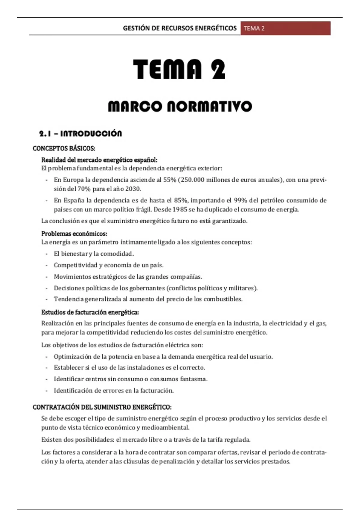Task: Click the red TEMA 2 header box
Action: [285, 28]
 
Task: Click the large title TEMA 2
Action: [179, 69]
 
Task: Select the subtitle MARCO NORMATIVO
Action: [180, 106]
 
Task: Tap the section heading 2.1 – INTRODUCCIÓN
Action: [80, 134]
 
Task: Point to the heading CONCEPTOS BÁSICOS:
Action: [64, 148]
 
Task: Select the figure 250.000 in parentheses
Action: [193, 180]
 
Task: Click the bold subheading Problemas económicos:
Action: [74, 234]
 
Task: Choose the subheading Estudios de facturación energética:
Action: [90, 312]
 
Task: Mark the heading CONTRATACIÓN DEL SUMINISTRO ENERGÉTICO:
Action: [102, 407]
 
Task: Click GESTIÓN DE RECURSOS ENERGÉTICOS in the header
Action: [180, 28]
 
